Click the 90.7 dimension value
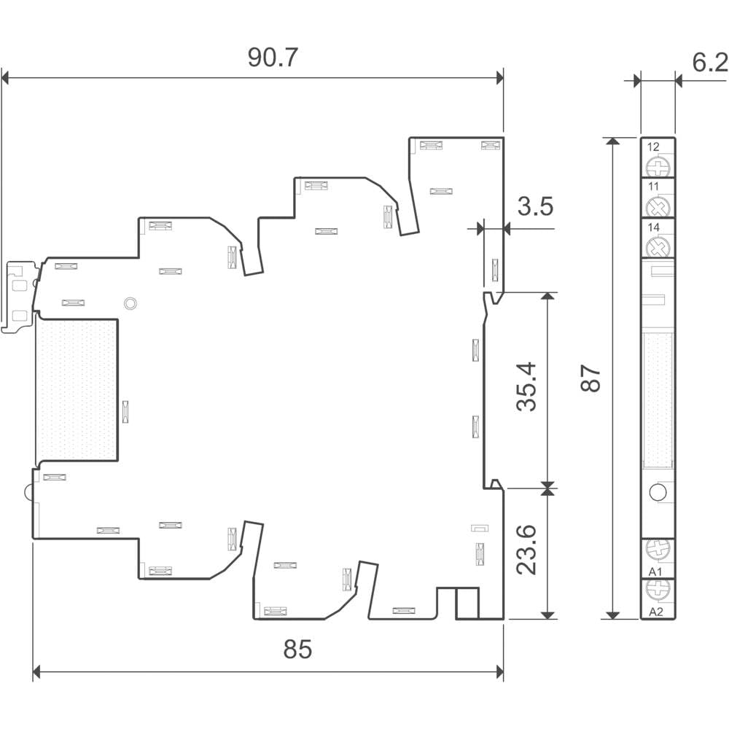tap(273, 58)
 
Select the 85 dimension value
tap(297, 649)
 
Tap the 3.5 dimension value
tap(536, 206)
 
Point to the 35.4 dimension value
tap(527, 387)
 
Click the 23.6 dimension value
tap(527, 550)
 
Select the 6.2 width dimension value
tap(710, 62)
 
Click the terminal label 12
tap(653, 147)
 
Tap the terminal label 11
tap(653, 187)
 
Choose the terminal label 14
tap(653, 227)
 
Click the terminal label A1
tap(655, 572)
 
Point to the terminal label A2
tap(655, 612)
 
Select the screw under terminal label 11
tap(658, 207)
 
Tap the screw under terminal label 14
tap(658, 247)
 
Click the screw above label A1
tap(658, 550)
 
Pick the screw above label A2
tap(658, 590)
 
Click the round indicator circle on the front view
tap(658, 492)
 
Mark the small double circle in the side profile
tap(130, 303)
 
